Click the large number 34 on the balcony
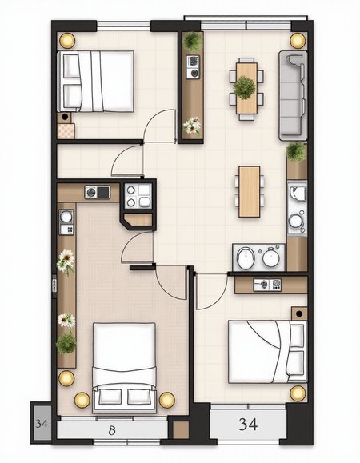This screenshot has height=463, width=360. point(248,425)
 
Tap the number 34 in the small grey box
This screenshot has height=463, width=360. point(42,424)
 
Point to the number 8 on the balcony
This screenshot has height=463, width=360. point(112,431)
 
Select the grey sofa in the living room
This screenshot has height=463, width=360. point(293,95)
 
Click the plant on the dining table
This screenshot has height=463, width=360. point(244,88)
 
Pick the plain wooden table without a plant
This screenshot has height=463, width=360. point(250,191)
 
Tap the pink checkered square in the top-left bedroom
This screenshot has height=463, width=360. point(66,131)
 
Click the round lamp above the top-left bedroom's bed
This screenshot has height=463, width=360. point(67,41)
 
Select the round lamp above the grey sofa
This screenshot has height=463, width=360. point(297,41)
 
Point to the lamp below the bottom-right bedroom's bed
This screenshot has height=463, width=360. point(298,393)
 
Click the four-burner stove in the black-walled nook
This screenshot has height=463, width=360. point(138,196)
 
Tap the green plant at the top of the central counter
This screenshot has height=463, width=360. point(193,41)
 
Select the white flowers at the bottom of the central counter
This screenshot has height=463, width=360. point(192,126)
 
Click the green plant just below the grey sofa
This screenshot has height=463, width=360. point(296,152)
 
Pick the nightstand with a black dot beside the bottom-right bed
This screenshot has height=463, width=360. point(299,313)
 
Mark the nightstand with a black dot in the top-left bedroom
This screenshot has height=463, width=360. point(65,118)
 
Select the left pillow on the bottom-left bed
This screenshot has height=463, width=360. point(110,397)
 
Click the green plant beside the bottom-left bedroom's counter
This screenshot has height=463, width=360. point(66,343)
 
